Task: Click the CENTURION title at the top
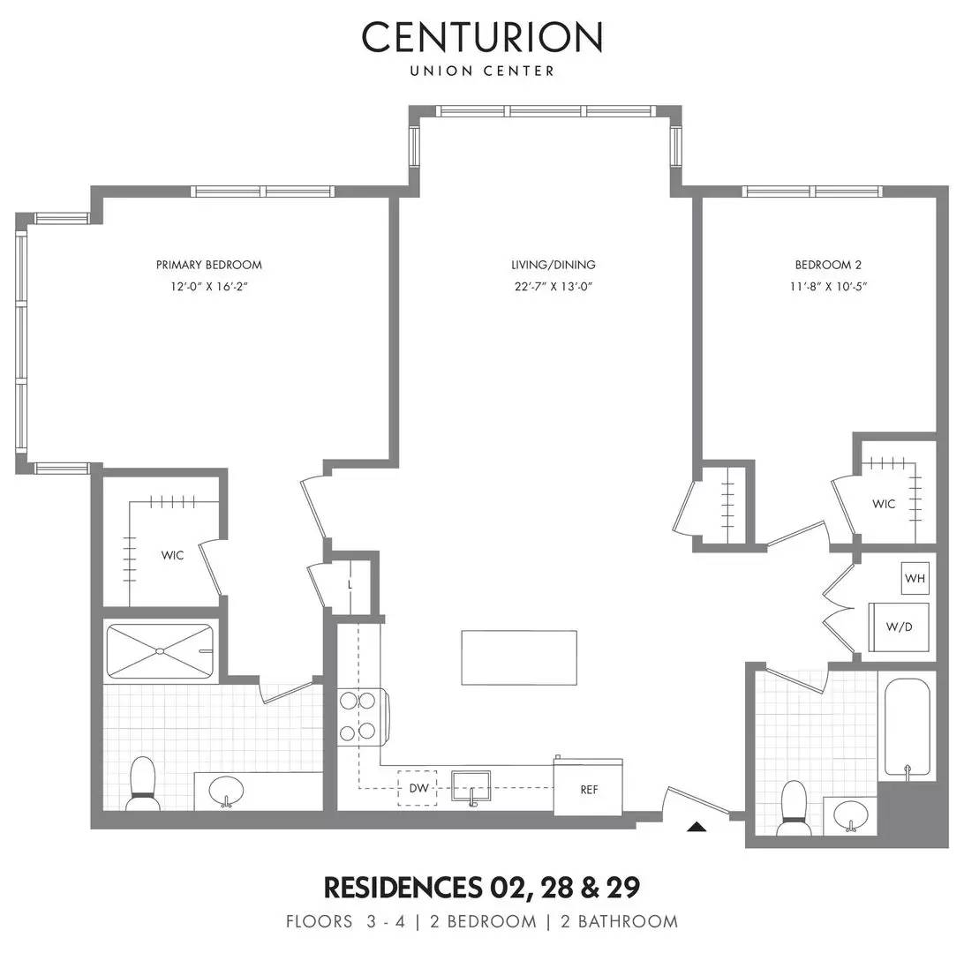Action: [x=482, y=37]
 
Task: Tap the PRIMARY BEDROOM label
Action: [x=209, y=265]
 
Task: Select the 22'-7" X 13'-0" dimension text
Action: [x=553, y=286]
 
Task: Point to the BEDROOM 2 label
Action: [x=827, y=265]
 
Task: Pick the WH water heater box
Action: [x=914, y=579]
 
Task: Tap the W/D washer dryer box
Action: [x=898, y=627]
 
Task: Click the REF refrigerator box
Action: [x=589, y=789]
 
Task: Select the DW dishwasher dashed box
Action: [x=418, y=789]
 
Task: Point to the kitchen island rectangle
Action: [x=519, y=657]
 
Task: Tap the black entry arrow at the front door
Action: [x=697, y=827]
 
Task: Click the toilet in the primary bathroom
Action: [x=141, y=784]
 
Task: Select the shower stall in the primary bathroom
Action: [x=160, y=651]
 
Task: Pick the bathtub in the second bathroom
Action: [x=908, y=728]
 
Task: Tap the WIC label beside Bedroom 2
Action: [x=884, y=504]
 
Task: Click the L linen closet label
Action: [x=350, y=584]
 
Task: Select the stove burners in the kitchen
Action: [x=358, y=716]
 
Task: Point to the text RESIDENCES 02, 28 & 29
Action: [x=482, y=885]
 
